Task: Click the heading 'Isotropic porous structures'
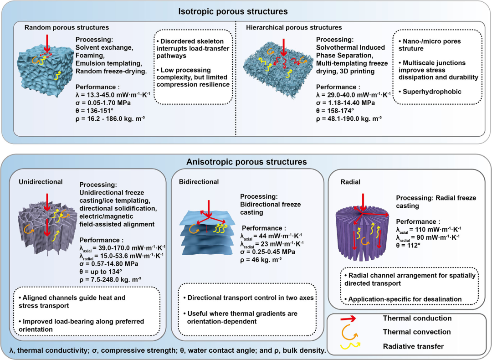233,11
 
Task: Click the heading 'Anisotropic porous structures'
246,162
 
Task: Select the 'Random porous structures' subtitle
67,27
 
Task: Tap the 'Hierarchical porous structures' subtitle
294,27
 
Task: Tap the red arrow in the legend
348,319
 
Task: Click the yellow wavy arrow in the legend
348,346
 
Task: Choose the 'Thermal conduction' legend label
417,318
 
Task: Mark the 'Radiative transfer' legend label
413,346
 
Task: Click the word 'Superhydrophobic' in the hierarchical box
432,92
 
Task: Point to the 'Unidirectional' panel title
41,182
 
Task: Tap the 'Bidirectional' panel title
199,182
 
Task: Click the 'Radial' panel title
350,182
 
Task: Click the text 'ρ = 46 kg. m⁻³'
261,260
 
